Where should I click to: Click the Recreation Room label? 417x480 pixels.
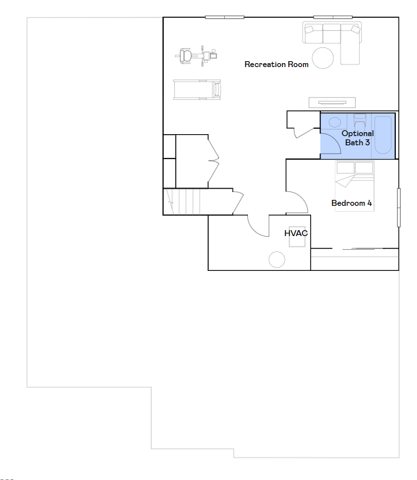point(276,64)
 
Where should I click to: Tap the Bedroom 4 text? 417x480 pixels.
point(351,203)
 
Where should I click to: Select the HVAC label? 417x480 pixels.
point(296,233)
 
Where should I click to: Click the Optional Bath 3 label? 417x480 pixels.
point(358,138)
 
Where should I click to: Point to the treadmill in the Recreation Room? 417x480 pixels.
point(197,89)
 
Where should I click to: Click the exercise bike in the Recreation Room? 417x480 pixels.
point(196,56)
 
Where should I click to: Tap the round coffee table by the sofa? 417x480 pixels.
point(323,58)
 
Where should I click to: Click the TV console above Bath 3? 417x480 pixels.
point(333,102)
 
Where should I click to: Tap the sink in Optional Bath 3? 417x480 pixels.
point(335,122)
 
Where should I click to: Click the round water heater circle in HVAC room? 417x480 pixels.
point(277,260)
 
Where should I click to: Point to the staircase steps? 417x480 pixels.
point(182,202)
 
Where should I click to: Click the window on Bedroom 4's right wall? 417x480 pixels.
point(399,208)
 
